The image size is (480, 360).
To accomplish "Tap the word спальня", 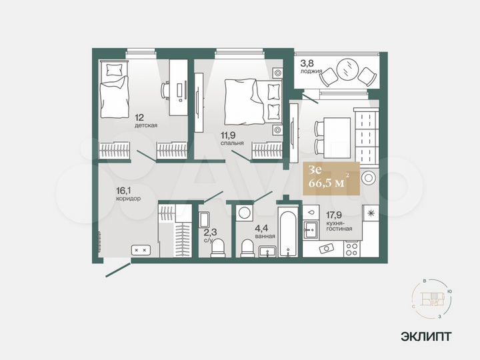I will pyautogui.click(x=233, y=143).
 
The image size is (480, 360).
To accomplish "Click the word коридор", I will pyautogui.click(x=129, y=198).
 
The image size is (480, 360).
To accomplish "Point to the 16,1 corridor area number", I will pyautogui.click(x=124, y=189).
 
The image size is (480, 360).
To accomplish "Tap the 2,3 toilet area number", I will pyautogui.click(x=209, y=231).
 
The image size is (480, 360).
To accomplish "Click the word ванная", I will pyautogui.click(x=265, y=236).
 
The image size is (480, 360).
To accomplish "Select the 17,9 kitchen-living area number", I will pyautogui.click(x=334, y=214).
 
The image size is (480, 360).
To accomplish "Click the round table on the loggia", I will pyautogui.click(x=345, y=69).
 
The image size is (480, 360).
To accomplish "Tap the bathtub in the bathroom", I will pyautogui.click(x=287, y=234).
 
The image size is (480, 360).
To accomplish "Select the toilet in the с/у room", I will pyautogui.click(x=217, y=249).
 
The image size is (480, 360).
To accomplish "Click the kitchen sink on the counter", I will pyautogui.click(x=310, y=229).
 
